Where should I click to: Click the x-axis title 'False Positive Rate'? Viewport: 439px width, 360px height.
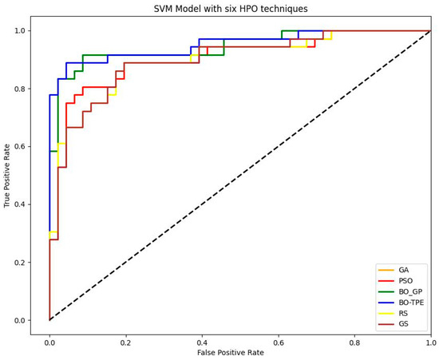(239, 352)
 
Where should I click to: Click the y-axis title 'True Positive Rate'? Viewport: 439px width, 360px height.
(8, 174)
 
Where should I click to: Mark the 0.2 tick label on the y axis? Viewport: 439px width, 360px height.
(19, 263)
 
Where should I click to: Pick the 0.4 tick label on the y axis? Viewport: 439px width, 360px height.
(19, 204)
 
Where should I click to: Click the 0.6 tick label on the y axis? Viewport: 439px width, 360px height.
(19, 147)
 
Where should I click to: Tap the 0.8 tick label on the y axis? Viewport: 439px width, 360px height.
(19, 89)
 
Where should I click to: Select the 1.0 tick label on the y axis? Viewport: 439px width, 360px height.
(19, 31)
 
